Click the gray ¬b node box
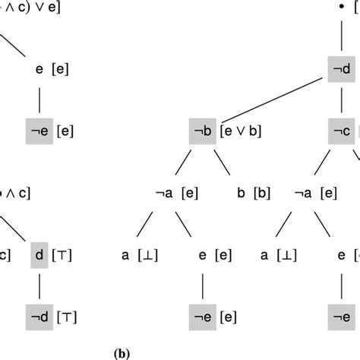(203, 131)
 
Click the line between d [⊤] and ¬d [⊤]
(39, 283)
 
